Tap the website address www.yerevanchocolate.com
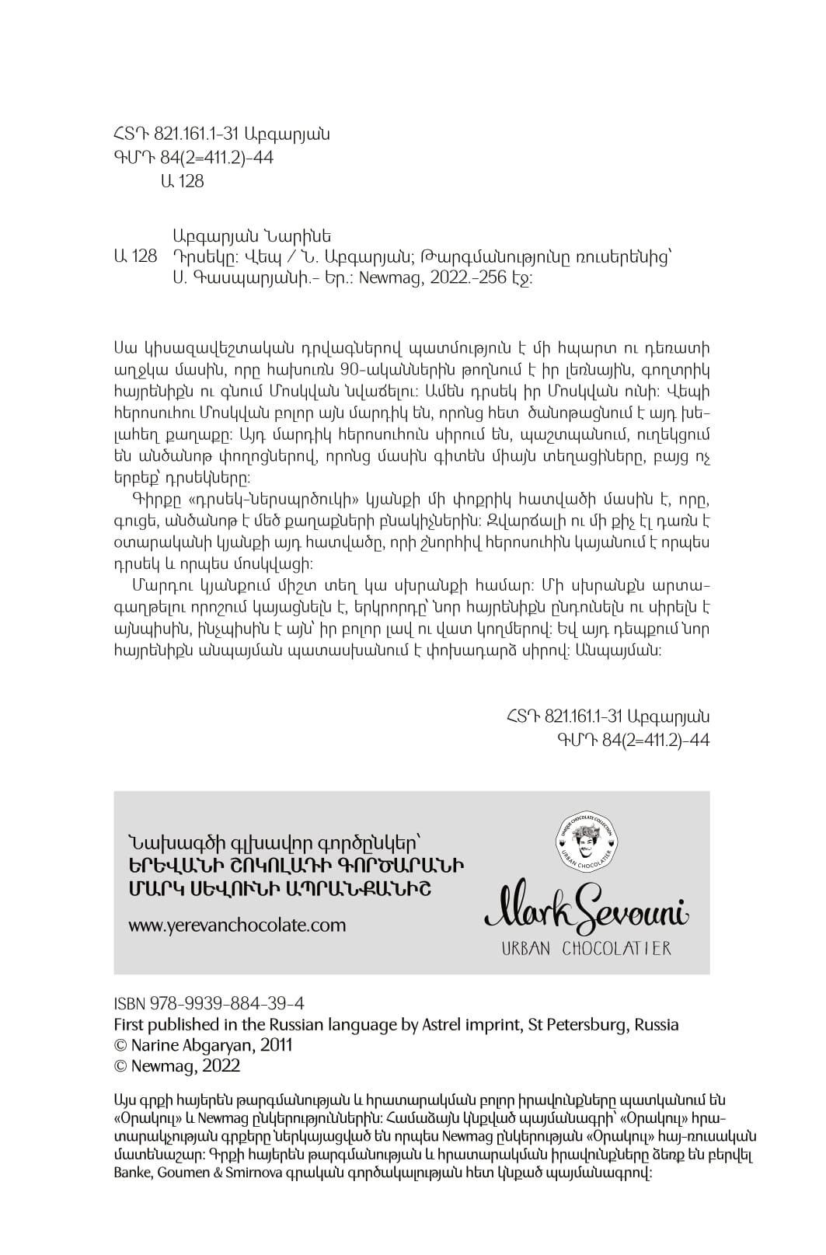pyautogui.click(x=237, y=925)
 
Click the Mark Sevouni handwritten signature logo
pyautogui.click(x=587, y=905)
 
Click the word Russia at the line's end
pyautogui.click(x=657, y=1024)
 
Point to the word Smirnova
pyautogui.click(x=241, y=1174)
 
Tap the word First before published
pyautogui.click(x=128, y=1024)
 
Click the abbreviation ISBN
pyautogui.click(x=129, y=1003)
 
